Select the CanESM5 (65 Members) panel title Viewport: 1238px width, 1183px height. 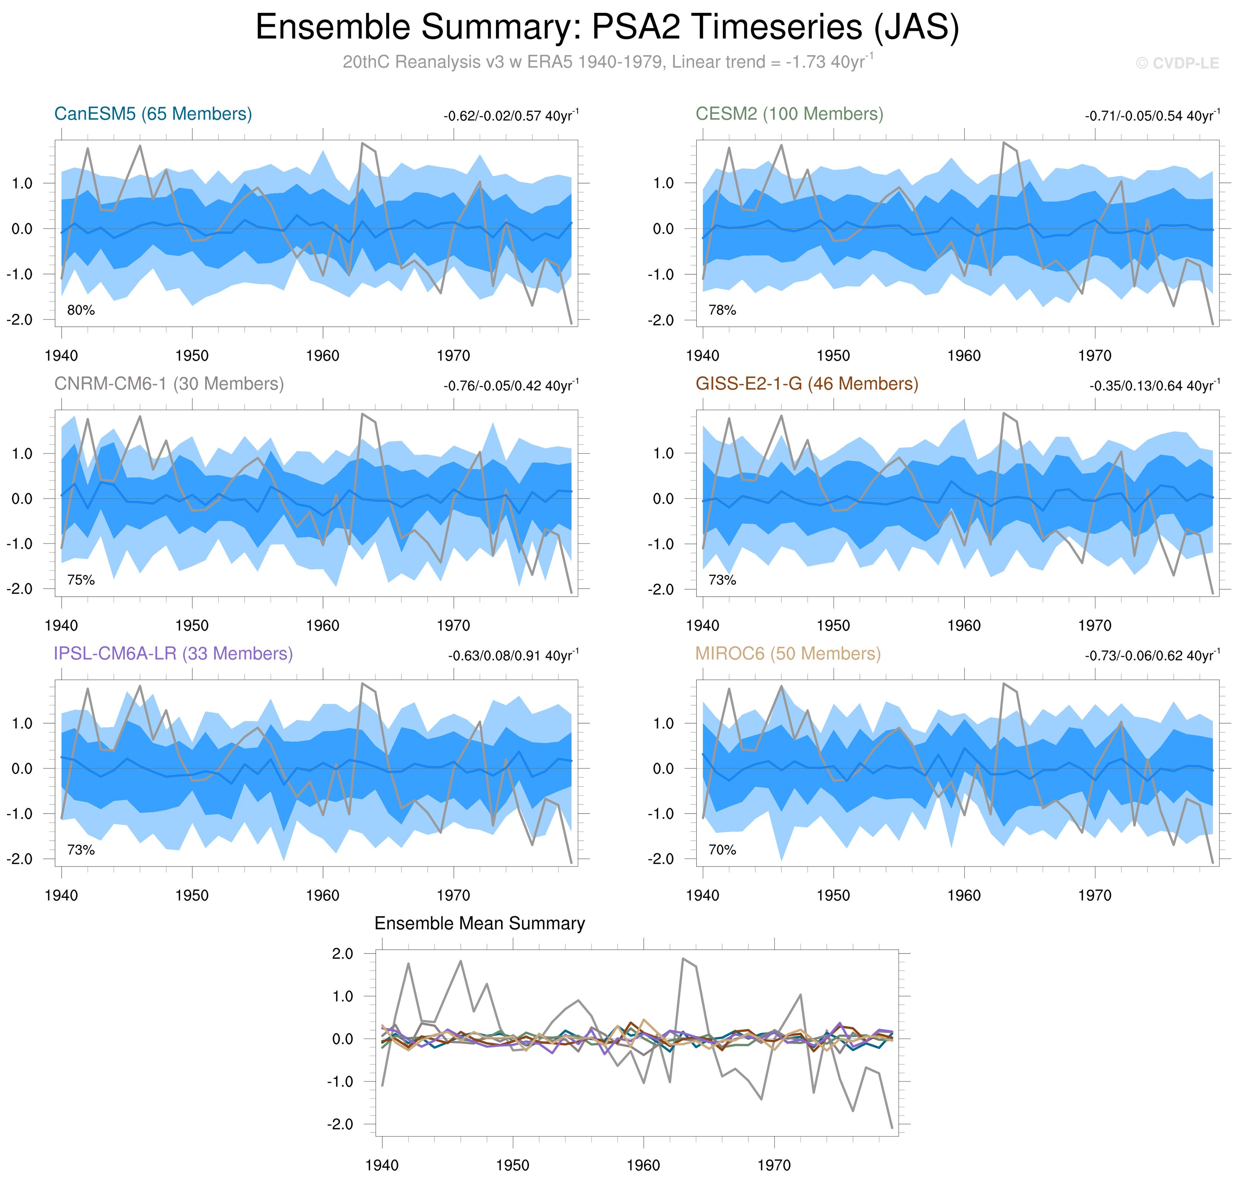pos(153,114)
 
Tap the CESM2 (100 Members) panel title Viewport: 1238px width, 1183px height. pos(789,114)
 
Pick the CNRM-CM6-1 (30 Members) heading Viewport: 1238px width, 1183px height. pos(169,384)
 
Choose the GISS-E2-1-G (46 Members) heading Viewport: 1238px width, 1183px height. pos(807,384)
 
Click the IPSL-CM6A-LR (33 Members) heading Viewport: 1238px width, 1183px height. pos(173,654)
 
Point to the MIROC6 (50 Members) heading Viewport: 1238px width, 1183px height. pos(788,654)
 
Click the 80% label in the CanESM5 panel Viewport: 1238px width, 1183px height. pos(81,310)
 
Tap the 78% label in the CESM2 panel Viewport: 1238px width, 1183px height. pos(722,310)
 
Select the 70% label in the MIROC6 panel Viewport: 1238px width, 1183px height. pos(722,850)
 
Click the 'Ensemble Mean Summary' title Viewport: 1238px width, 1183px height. pos(479,924)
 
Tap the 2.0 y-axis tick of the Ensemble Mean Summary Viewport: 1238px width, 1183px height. pos(342,953)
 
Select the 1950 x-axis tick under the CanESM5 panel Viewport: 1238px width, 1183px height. pos(192,356)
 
